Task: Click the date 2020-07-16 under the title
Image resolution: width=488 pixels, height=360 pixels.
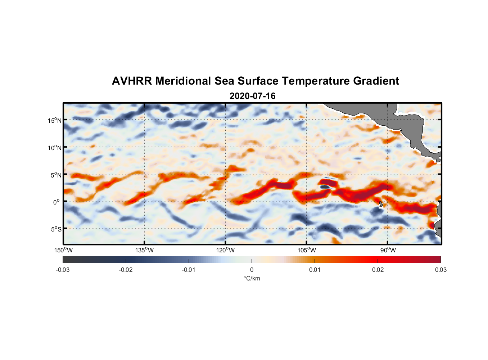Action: coord(252,96)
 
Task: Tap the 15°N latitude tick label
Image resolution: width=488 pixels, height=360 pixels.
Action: coord(55,120)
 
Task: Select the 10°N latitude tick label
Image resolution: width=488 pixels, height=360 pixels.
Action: coord(55,148)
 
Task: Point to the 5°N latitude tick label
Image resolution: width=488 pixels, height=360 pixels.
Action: coord(56,175)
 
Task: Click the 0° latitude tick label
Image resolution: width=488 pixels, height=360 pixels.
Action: coord(57,202)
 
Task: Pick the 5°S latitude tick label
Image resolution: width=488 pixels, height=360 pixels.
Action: coord(56,229)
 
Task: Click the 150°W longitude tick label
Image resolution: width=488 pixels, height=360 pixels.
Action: coord(63,250)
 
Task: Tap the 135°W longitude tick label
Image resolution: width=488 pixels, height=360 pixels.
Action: coord(144,250)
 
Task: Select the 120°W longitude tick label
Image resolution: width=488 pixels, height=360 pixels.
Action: coord(225,250)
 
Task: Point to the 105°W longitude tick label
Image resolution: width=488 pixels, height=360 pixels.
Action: coord(307,250)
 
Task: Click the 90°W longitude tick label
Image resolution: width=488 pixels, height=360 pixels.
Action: coord(388,250)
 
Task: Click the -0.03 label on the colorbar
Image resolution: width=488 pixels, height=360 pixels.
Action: coord(63,270)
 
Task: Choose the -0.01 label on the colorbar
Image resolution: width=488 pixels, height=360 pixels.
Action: coord(189,270)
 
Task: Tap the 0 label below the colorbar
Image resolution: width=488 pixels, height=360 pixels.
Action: coord(252,270)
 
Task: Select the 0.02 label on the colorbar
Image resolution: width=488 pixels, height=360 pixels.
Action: coord(378,270)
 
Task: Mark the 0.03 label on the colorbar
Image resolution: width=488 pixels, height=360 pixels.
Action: coord(440,270)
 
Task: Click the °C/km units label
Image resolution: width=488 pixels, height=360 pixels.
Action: coord(252,278)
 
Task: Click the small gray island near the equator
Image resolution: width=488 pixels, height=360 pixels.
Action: coord(381,204)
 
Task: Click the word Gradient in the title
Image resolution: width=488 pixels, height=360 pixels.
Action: coord(376,81)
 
